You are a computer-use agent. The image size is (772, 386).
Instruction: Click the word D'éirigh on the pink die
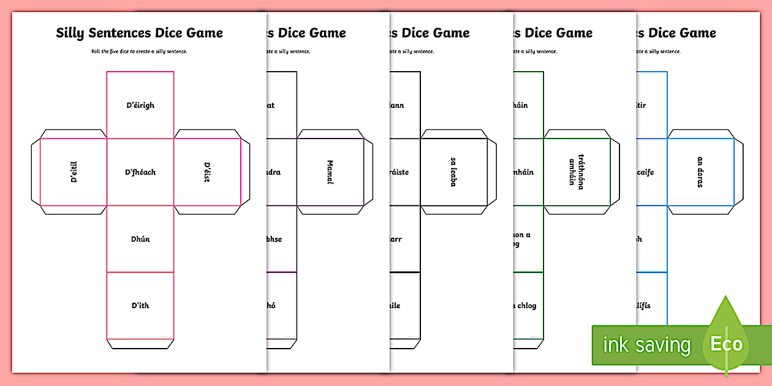[x=140, y=105]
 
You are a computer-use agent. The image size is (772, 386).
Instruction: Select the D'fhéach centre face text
[x=140, y=172]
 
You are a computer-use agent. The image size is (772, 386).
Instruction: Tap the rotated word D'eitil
[x=74, y=172]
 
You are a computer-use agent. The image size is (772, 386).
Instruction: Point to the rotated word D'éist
[x=207, y=172]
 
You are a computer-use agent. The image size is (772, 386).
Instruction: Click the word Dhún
[x=140, y=239]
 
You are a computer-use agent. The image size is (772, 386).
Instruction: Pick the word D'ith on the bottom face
[x=140, y=306]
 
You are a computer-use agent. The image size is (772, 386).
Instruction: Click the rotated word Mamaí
[x=330, y=172]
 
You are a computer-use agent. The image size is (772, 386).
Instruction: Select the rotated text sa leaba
[x=453, y=172]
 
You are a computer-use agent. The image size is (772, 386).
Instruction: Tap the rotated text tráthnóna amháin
[x=576, y=172]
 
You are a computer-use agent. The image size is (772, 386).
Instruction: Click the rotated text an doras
[x=700, y=172]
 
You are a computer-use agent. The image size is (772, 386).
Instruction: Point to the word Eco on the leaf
[x=726, y=344]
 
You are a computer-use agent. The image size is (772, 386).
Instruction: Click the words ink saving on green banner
[x=646, y=345]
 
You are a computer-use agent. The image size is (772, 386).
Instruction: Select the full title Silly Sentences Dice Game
[x=140, y=33]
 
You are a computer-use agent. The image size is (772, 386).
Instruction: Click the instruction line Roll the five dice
[x=140, y=51]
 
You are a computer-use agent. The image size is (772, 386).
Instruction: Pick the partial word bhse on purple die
[x=273, y=239]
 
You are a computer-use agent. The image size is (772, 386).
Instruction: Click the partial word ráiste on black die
[x=398, y=172]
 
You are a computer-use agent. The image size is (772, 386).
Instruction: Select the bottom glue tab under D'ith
[x=140, y=344]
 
